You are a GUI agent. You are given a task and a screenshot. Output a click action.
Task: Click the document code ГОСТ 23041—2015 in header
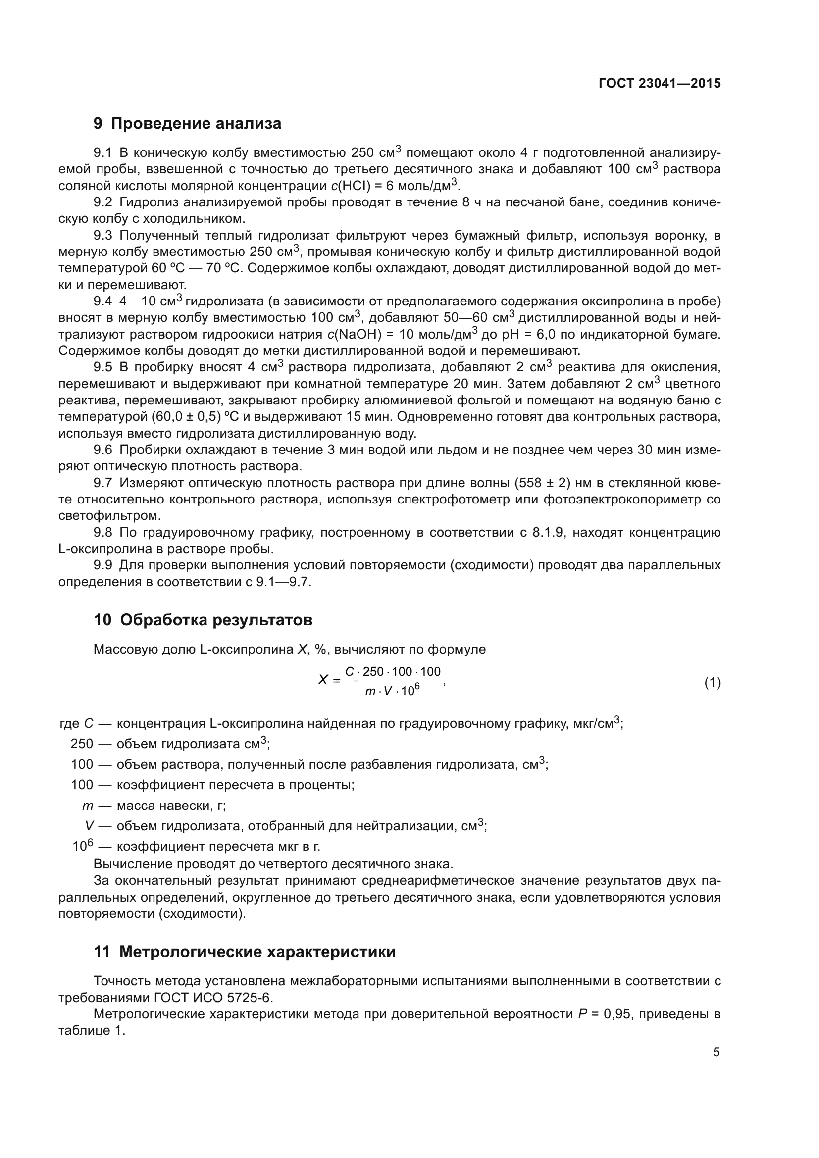[x=660, y=83]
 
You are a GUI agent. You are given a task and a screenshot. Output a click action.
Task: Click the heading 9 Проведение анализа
[x=187, y=124]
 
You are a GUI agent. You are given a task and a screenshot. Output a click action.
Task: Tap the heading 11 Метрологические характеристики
[x=245, y=952]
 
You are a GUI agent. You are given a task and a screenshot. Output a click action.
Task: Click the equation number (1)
[x=712, y=683]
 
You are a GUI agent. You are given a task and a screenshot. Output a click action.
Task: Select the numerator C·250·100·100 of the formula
[x=392, y=672]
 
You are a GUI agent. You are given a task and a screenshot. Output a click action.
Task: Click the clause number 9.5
[x=102, y=367]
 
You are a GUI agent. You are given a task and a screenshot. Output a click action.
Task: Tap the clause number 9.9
[x=102, y=565]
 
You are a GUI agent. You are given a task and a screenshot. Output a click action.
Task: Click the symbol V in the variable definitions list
[x=89, y=826]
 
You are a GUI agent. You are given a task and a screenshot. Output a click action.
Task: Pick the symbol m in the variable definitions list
[x=88, y=806]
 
